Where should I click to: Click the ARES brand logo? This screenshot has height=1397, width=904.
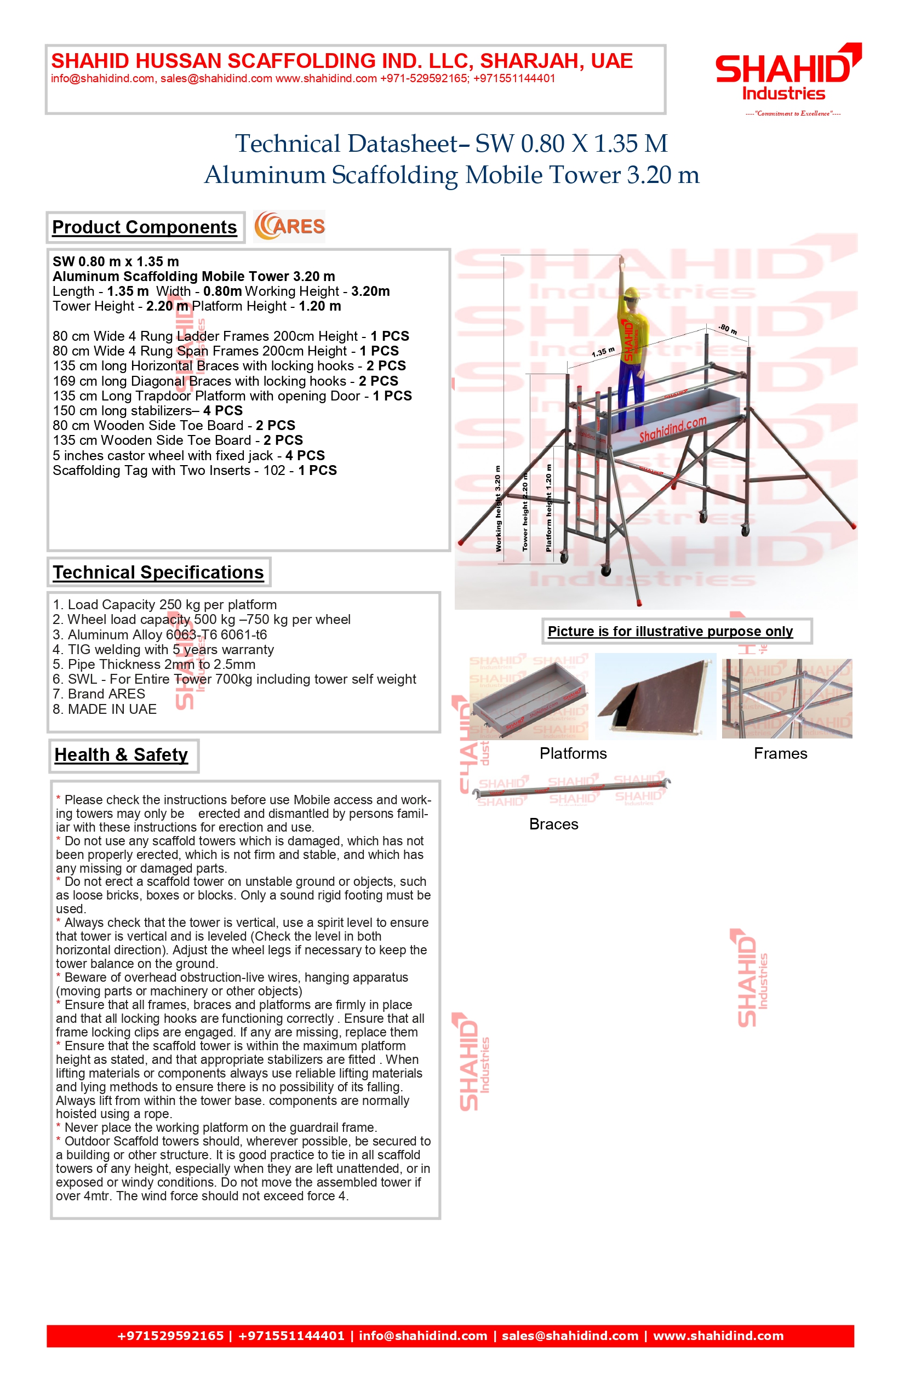pyautogui.click(x=289, y=227)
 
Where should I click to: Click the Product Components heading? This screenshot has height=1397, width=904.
pyautogui.click(x=145, y=227)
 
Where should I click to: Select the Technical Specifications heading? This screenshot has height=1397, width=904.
pyautogui.click(x=158, y=572)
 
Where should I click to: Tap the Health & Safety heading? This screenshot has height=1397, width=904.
pyautogui.click(x=122, y=755)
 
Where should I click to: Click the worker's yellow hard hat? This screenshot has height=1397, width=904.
pyautogui.click(x=631, y=294)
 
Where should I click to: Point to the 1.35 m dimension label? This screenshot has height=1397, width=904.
pyautogui.click(x=603, y=352)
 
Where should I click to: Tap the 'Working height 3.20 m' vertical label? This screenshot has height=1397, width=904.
pyautogui.click(x=498, y=508)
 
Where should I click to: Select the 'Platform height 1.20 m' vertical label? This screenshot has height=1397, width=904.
pyautogui.click(x=549, y=508)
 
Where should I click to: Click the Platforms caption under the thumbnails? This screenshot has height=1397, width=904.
pyautogui.click(x=573, y=754)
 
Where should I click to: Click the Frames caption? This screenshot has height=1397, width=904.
pyautogui.click(x=780, y=754)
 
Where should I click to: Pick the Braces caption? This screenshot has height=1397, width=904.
pyautogui.click(x=553, y=824)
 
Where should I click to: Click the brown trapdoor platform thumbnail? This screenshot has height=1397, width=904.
pyautogui.click(x=656, y=697)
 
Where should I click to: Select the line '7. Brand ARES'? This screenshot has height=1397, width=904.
pyautogui.click(x=99, y=694)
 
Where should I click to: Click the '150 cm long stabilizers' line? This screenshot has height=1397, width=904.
pyautogui.click(x=147, y=410)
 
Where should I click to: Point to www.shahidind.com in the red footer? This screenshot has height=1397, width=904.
pyautogui.click(x=718, y=1336)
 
